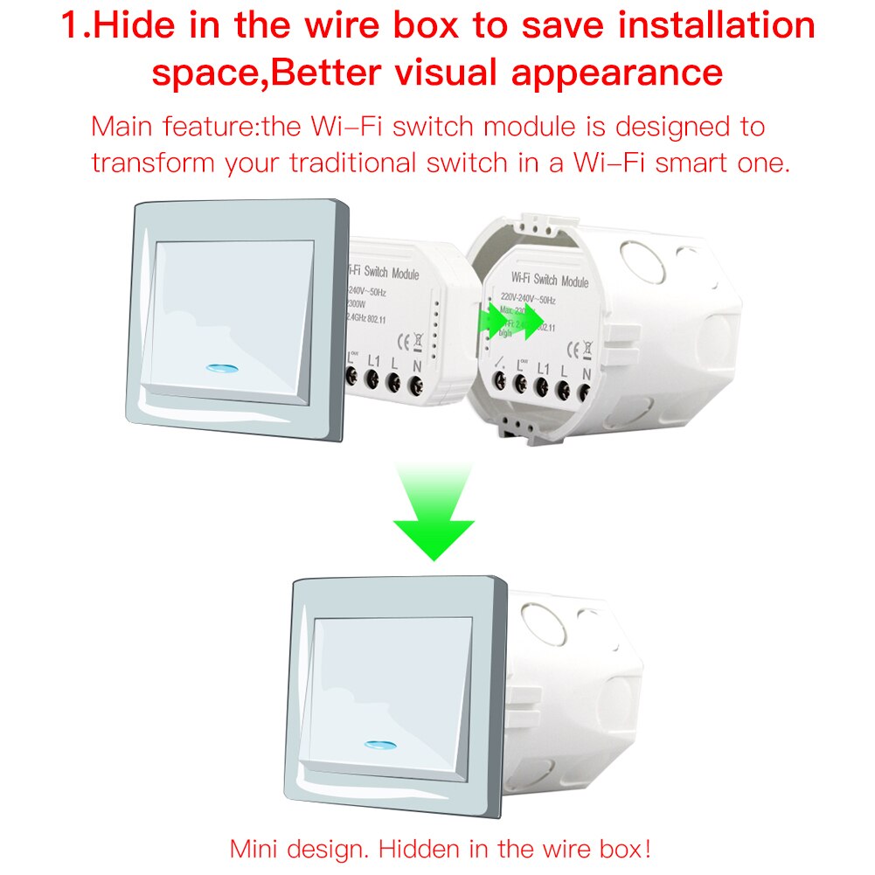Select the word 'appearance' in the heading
click(619, 72)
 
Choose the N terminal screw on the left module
click(416, 380)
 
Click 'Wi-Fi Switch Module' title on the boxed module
click(549, 281)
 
